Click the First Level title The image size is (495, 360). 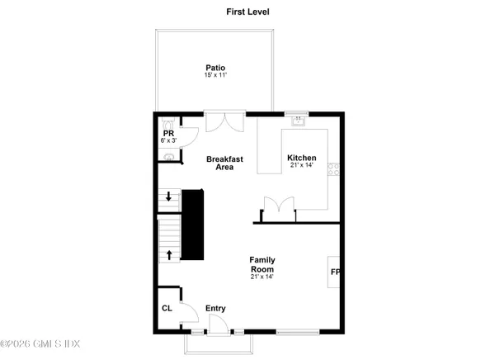[x=247, y=12]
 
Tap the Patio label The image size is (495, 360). [x=215, y=68]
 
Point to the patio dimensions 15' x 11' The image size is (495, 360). [x=215, y=76]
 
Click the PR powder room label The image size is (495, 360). [x=167, y=133]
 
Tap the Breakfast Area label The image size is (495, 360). [x=219, y=163]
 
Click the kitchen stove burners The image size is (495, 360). [x=333, y=169]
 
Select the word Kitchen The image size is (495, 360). [x=301, y=158]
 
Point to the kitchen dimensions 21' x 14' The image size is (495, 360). [x=301, y=167]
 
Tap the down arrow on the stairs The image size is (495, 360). [x=168, y=197]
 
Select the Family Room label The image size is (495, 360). [x=262, y=265]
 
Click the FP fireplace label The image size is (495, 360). [x=335, y=272]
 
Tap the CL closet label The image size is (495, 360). [x=167, y=309]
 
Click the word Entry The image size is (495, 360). [x=215, y=309]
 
